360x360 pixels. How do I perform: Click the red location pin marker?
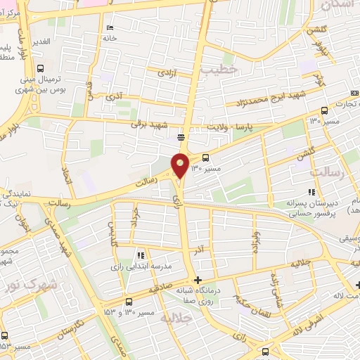pyautogui.click(x=181, y=165)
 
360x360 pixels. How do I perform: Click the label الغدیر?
pyautogui.click(x=41, y=42)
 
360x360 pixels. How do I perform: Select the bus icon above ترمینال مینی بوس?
pyautogui.click(x=40, y=68)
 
